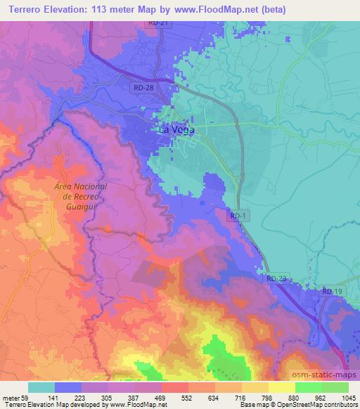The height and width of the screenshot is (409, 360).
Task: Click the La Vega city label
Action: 175,130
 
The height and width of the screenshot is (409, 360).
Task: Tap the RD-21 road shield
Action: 158,23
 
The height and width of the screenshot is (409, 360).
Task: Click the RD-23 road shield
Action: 276,279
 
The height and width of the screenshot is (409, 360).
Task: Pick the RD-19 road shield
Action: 331,291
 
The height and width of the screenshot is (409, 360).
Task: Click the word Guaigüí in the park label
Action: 80,205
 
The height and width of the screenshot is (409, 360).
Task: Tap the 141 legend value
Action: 68,398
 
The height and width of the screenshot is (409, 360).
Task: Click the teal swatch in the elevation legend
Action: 41,387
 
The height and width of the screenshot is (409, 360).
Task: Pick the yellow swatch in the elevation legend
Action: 282,387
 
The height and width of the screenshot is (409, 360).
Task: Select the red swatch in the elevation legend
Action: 175,387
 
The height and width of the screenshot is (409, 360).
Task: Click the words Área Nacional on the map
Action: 80,186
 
